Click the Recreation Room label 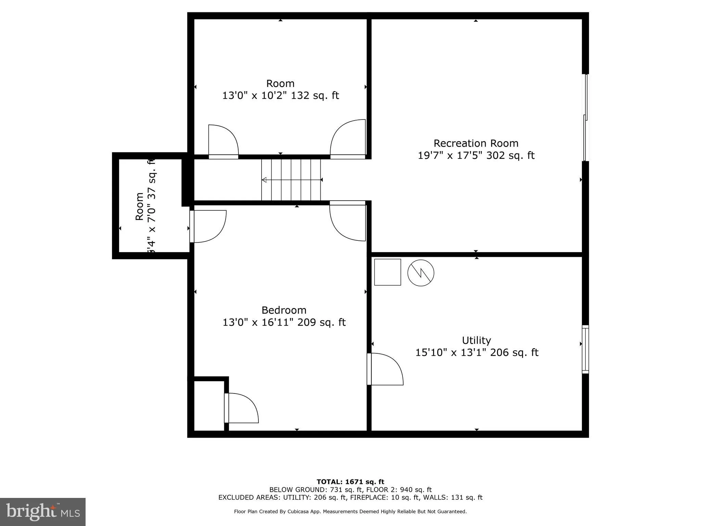(x=476, y=143)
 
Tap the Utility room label (x=476, y=340)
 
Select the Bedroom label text (x=284, y=310)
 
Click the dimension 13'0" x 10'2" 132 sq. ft (x=280, y=96)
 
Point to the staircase (x=291, y=180)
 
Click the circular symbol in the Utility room (x=421, y=273)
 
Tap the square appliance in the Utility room (x=387, y=272)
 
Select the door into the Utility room (x=384, y=369)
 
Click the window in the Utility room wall (x=585, y=349)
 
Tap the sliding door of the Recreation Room (x=586, y=117)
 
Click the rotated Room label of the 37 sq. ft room (x=139, y=206)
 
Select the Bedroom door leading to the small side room (x=207, y=226)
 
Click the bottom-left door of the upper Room (x=223, y=141)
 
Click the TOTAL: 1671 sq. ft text (x=350, y=482)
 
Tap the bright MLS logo (x=43, y=512)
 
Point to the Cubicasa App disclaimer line (x=350, y=512)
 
